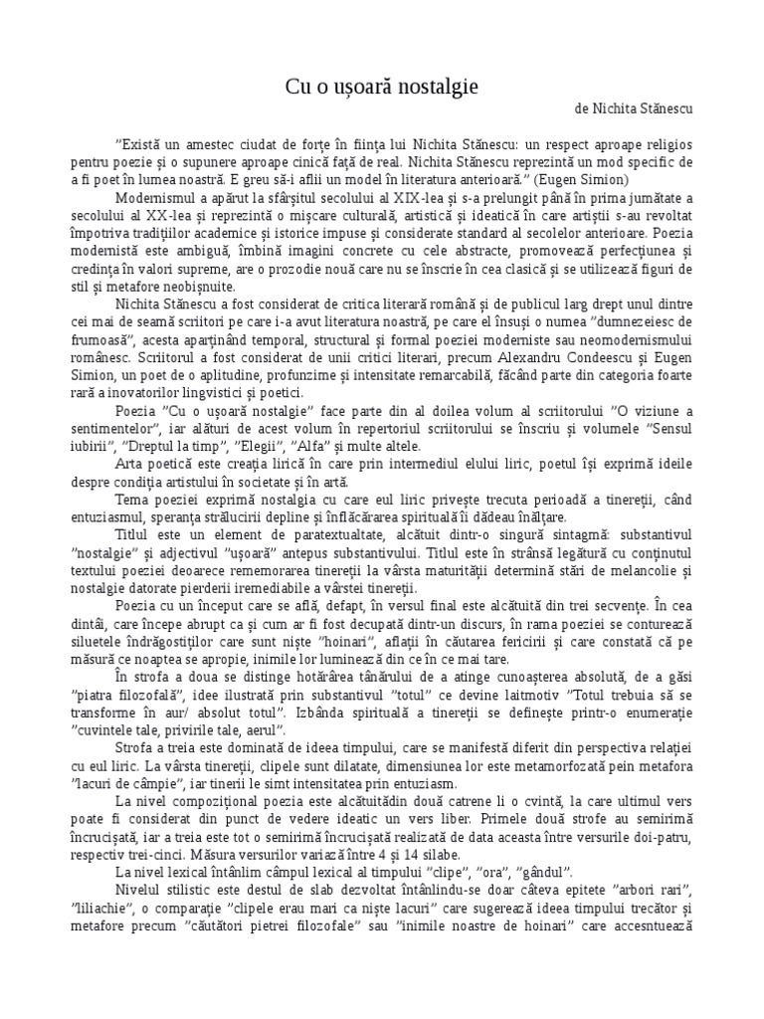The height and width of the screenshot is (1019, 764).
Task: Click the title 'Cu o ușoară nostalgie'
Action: (x=381, y=88)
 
